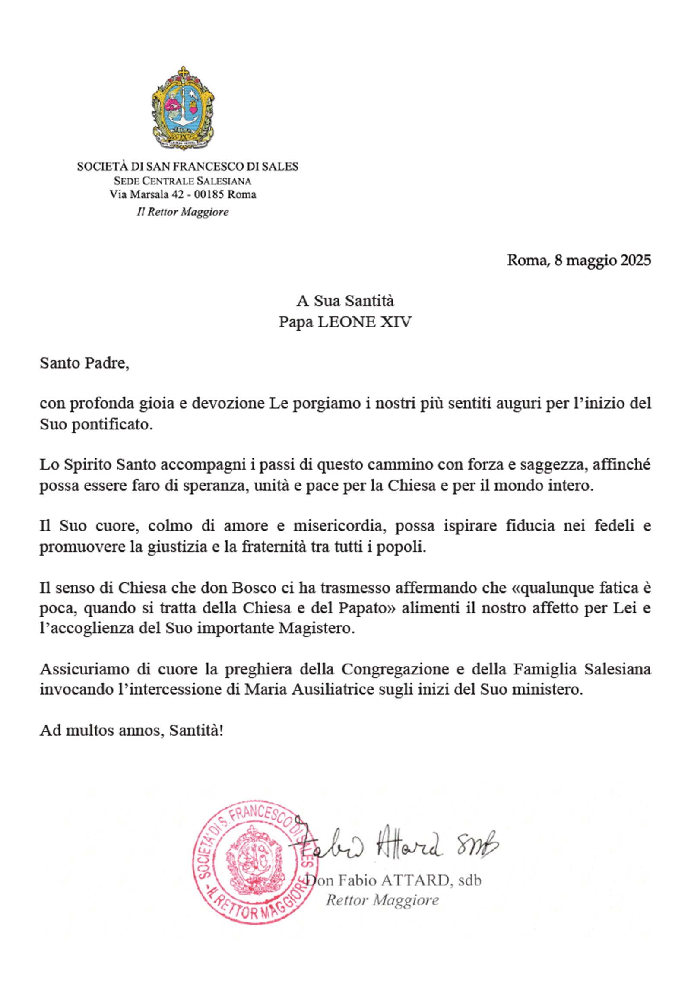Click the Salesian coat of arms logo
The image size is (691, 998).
[x=183, y=108]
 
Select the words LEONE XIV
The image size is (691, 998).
[x=365, y=322]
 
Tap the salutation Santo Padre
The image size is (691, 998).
[x=84, y=363]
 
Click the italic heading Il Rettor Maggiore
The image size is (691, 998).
[x=183, y=212]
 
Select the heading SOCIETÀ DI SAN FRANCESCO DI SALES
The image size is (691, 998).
[x=187, y=166]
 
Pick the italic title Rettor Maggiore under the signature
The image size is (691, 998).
[x=382, y=900]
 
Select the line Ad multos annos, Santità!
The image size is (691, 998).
[x=132, y=730]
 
